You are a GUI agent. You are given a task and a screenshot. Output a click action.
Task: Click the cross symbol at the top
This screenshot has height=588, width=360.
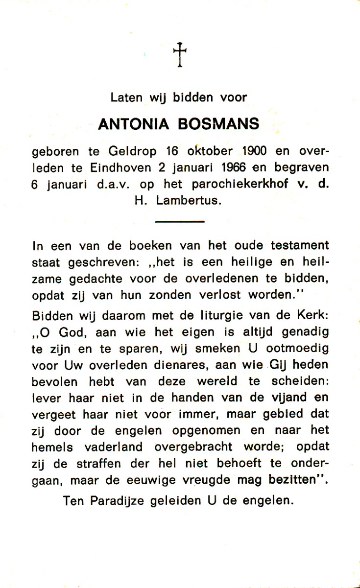[x=180, y=54]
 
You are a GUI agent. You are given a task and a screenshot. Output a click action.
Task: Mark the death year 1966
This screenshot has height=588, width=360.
[x=234, y=168]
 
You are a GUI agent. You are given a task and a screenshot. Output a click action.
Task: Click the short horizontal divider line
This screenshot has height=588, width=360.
[x=179, y=222]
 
